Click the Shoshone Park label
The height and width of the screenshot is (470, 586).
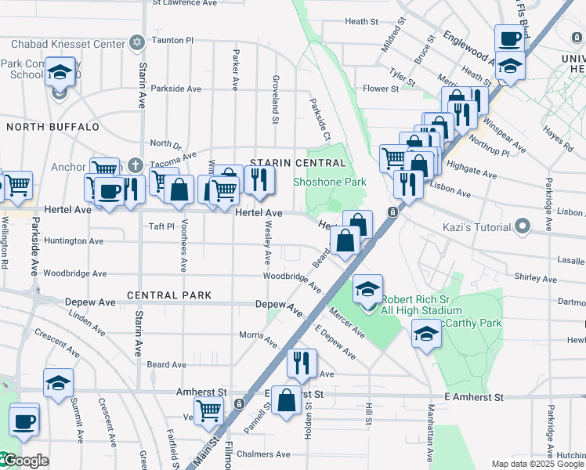pos(330,182)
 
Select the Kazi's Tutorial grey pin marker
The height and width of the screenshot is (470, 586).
pos(523,228)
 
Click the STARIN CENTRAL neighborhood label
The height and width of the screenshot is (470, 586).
pos(298,163)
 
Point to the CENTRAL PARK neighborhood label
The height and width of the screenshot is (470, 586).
pos(169,295)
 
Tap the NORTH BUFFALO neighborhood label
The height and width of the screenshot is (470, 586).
pos(53,126)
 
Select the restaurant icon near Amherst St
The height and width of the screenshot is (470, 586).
pos(302,362)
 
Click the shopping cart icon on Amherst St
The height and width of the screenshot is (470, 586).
pos(208,409)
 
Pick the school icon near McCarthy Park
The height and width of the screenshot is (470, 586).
pos(427,334)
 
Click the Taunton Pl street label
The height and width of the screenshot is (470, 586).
pos(172,39)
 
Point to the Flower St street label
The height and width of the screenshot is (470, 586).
pos(381,89)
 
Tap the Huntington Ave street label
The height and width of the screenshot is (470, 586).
pos(68,240)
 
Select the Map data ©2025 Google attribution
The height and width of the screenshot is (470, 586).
pos(537,464)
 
